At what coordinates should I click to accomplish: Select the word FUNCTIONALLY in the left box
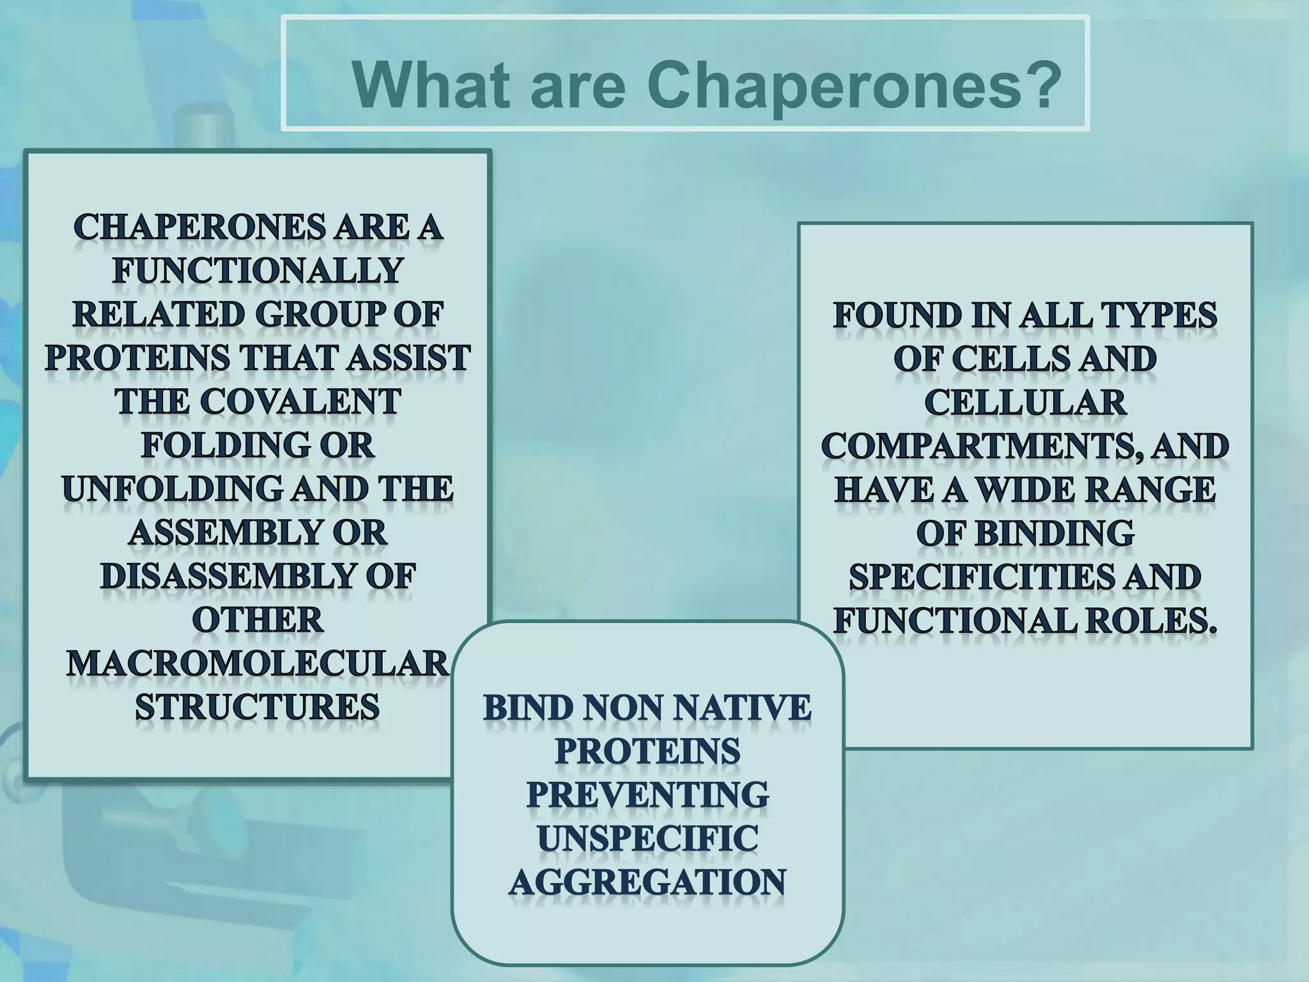click(258, 271)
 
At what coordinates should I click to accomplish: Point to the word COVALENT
click(300, 402)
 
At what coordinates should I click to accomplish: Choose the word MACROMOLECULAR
click(258, 664)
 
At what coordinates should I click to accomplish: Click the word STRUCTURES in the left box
click(258, 708)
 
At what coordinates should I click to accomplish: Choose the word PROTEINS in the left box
click(137, 359)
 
